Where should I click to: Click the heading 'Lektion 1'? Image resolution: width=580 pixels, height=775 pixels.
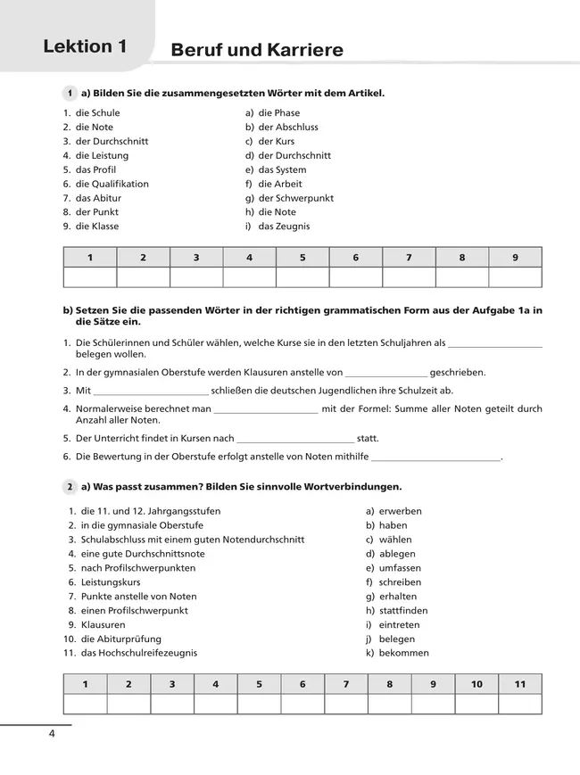(85, 47)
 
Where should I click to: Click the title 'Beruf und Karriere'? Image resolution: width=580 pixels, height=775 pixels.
(256, 51)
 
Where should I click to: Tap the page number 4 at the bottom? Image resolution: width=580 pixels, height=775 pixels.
(52, 734)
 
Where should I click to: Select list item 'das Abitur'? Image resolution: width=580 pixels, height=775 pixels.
(98, 198)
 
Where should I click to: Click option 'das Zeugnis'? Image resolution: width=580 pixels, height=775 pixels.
(284, 227)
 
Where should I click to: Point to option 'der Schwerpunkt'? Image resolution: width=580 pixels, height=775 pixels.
(295, 198)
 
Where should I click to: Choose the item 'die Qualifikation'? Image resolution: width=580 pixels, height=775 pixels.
(112, 184)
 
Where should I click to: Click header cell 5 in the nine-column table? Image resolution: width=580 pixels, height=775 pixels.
(302, 258)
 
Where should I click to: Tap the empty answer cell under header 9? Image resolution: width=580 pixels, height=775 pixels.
(515, 277)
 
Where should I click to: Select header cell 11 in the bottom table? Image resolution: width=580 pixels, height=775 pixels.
(520, 684)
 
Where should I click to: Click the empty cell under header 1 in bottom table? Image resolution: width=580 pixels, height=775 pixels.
(85, 705)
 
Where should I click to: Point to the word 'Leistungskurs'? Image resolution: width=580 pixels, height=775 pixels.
(111, 582)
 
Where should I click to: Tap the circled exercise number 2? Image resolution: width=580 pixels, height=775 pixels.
(70, 487)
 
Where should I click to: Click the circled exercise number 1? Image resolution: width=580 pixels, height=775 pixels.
(70, 93)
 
